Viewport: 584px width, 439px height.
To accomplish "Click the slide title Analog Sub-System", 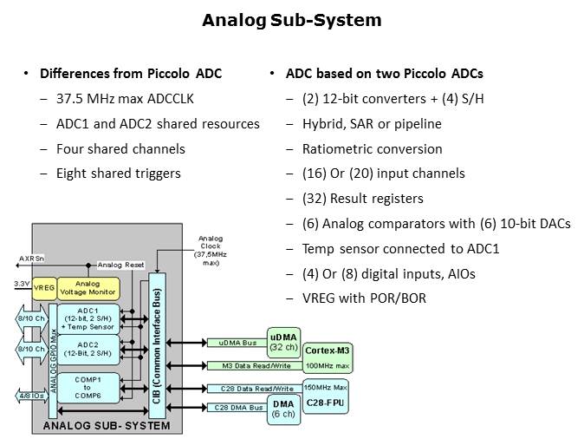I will click(291, 20).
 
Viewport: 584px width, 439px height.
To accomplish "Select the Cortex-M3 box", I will click(327, 350).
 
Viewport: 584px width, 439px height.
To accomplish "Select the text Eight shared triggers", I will click(119, 174).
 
